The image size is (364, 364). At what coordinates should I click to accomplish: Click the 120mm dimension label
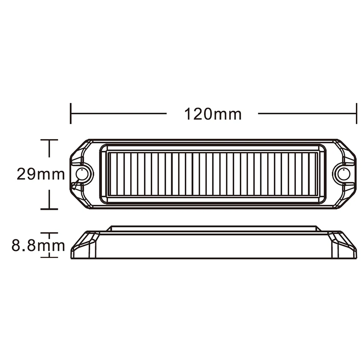213,114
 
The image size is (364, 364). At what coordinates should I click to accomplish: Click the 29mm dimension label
41,174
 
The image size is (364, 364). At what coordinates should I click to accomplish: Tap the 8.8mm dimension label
38,246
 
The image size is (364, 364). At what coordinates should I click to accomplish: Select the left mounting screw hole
82,174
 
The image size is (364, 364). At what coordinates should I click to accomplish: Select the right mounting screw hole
344,174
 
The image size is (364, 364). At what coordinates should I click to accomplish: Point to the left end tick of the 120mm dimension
71,113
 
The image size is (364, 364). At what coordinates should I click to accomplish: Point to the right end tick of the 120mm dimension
356,113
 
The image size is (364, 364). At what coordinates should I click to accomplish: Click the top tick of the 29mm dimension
49,140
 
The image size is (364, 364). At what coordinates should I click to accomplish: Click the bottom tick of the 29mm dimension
49,209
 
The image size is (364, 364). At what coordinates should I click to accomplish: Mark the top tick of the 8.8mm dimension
49,233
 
